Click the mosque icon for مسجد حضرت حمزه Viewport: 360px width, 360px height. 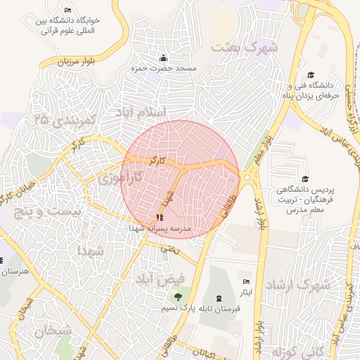point(164,57)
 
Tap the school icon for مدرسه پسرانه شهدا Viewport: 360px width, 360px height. point(157,217)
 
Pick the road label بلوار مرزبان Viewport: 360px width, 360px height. point(68,63)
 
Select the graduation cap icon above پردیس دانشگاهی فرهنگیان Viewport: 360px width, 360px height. point(304,179)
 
